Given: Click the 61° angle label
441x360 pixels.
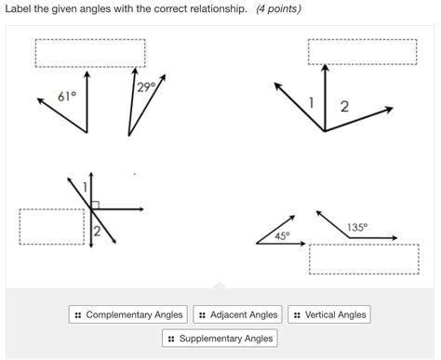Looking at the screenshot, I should [x=66, y=96].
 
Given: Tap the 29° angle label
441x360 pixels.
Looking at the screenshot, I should [x=145, y=87].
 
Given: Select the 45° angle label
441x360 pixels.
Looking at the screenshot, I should [x=282, y=235].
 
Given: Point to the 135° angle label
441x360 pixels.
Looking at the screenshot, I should [x=357, y=227].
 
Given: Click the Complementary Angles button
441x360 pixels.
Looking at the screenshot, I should [x=128, y=315].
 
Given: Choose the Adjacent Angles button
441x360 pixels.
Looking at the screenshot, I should [x=237, y=315].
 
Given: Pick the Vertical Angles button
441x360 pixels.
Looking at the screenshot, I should [x=329, y=315].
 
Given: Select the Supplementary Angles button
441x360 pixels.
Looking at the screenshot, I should [x=220, y=339].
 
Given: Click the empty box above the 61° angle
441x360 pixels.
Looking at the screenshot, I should [x=89, y=53].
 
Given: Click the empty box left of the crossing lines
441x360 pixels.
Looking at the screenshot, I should [x=52, y=226].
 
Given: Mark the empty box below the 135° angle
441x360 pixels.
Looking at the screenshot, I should [x=364, y=259].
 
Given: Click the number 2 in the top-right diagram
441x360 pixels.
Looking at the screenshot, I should [x=344, y=106].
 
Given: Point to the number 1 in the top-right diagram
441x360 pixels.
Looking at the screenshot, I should [x=312, y=100].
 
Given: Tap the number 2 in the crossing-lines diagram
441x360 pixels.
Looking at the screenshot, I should [x=96, y=232].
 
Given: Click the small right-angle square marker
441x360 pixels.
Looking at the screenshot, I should [x=96, y=205].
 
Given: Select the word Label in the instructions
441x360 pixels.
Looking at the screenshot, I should [x=19, y=8].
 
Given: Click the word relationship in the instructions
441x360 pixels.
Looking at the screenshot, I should [x=217, y=8].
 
